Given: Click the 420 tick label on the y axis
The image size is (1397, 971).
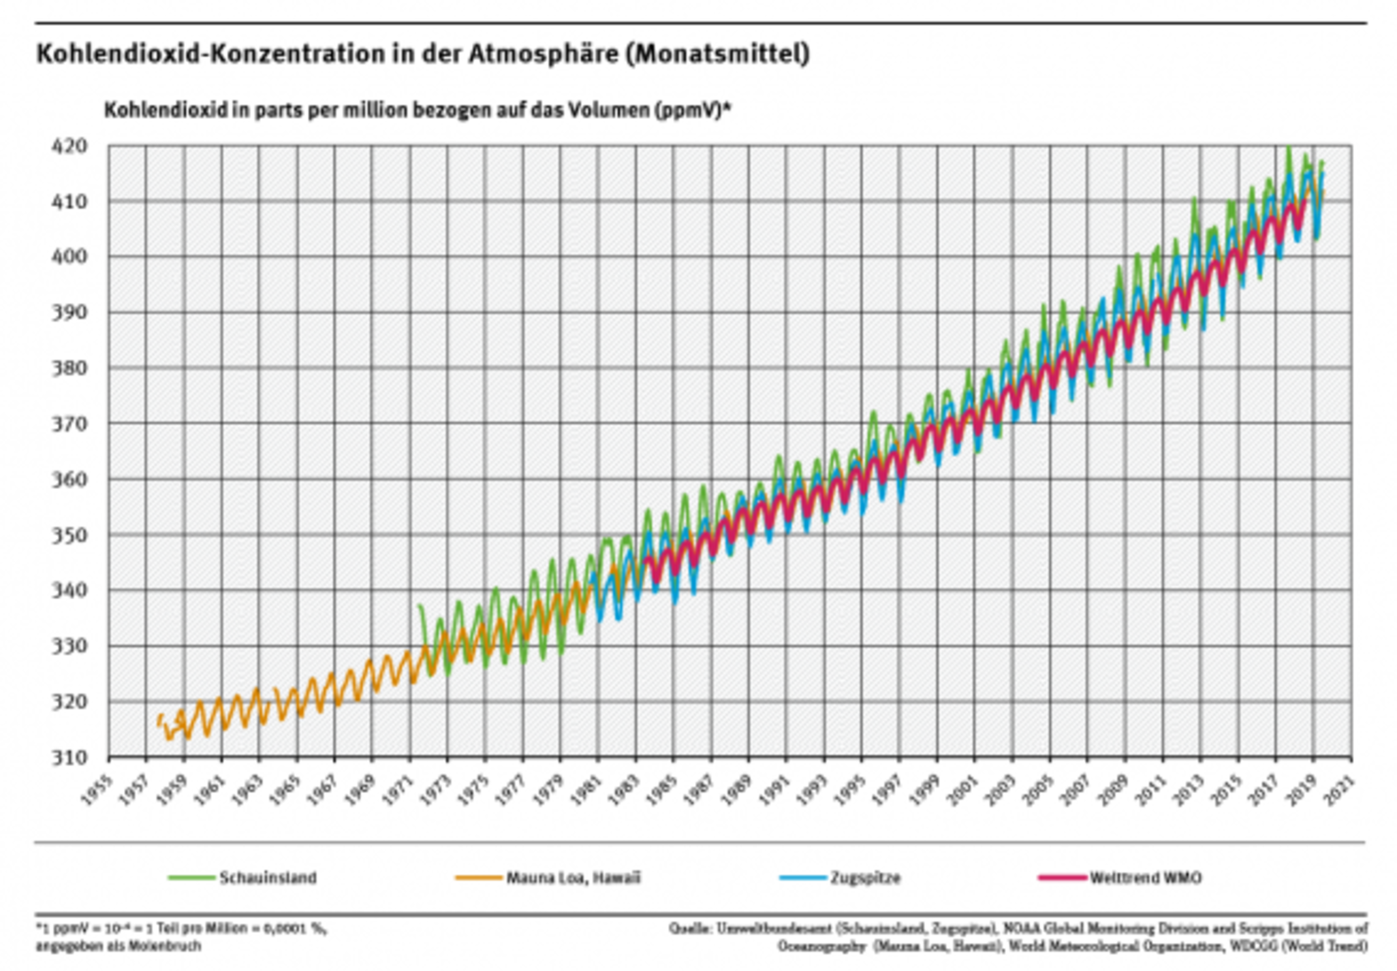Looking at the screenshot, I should pyautogui.click(x=69, y=146).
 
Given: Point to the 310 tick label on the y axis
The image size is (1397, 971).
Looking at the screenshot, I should pyautogui.click(x=69, y=757).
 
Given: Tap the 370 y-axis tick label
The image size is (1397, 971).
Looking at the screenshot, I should pyautogui.click(x=69, y=424).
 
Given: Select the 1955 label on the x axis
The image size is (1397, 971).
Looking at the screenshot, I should pyautogui.click(x=96, y=791).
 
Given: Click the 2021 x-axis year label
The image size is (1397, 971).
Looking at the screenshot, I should pyautogui.click(x=1339, y=791).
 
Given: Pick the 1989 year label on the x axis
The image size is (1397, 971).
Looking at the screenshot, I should pyautogui.click(x=736, y=791).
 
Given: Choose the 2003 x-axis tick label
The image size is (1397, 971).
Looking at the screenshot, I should pyautogui.click(x=1000, y=791).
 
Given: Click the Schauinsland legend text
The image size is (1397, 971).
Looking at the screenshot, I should pyautogui.click(x=268, y=878).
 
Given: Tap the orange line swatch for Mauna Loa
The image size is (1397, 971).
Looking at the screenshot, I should pyautogui.click(x=478, y=878).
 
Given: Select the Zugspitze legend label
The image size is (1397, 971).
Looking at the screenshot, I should pyautogui.click(x=865, y=878).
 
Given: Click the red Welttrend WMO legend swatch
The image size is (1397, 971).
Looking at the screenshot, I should pyautogui.click(x=1061, y=878).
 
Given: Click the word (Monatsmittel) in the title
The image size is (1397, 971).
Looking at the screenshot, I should pyautogui.click(x=717, y=54).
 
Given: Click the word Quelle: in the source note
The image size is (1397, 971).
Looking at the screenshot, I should pyautogui.click(x=689, y=928).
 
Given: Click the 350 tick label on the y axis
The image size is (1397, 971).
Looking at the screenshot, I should pyautogui.click(x=69, y=535).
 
